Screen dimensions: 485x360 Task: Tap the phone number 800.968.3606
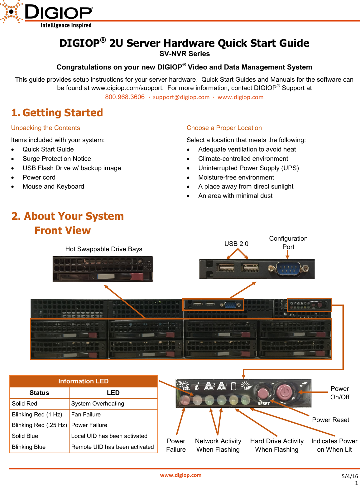pyautogui.click(x=125, y=97)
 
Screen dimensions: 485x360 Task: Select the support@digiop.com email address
pyautogui.click(x=181, y=97)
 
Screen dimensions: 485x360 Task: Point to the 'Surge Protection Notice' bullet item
pyautogui.click(x=57, y=159)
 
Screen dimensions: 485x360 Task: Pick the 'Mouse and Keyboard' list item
pyautogui.click(x=53, y=186)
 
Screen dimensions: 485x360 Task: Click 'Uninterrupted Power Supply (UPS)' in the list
pyautogui.click(x=248, y=168)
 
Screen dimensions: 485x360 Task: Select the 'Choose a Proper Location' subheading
pyautogui.click(x=224, y=128)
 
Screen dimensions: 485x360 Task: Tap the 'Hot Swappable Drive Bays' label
pyautogui.click(x=103, y=249)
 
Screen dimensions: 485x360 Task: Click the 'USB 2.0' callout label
pyautogui.click(x=236, y=244)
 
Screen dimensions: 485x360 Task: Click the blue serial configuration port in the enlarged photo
pyautogui.click(x=288, y=269)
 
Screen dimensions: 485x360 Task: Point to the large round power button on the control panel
pyautogui.click(x=284, y=392)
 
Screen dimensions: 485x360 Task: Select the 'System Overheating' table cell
pyautogui.click(x=98, y=404)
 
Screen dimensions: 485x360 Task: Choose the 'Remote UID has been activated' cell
pyautogui.click(x=113, y=447)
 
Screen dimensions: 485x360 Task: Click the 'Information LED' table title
pyautogui.click(x=83, y=381)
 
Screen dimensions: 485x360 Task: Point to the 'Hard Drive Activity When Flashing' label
pyautogui.click(x=277, y=445)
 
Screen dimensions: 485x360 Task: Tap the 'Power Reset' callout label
pyautogui.click(x=330, y=420)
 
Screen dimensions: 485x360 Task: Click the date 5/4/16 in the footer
pyautogui.click(x=350, y=476)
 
